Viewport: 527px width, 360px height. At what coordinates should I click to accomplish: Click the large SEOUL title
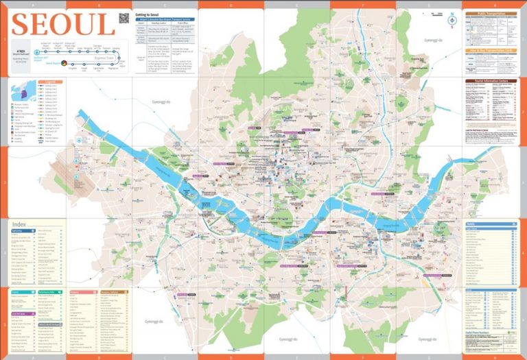pos(63,25)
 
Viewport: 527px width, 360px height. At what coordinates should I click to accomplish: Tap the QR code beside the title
pos(124,19)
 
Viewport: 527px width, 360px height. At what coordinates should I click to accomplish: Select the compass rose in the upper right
pos(452,21)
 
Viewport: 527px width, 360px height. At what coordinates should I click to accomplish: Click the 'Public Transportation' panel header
pos(491,13)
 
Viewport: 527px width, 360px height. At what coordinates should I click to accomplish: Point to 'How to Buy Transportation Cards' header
pos(491,50)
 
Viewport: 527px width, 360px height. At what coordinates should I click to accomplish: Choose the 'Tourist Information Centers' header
pos(491,80)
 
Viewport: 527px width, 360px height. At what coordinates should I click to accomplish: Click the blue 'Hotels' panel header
pos(491,224)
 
